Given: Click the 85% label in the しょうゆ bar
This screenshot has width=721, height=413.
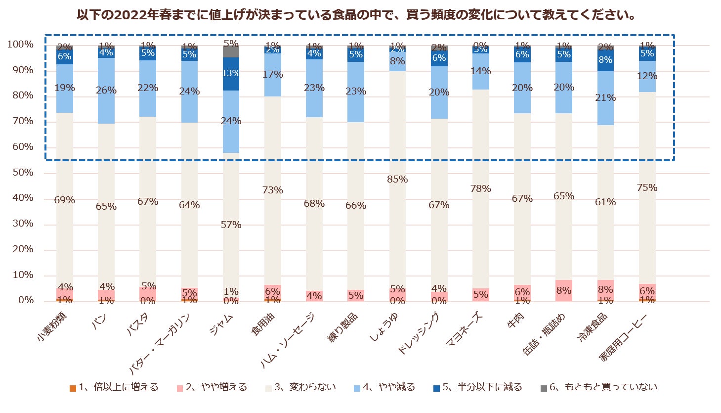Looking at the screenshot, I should (397, 180).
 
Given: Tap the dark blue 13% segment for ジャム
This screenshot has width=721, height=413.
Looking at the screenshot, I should (231, 74).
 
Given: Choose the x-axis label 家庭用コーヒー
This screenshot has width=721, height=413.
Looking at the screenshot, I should (623, 337).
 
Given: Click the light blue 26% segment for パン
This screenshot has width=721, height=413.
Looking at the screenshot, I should (106, 91).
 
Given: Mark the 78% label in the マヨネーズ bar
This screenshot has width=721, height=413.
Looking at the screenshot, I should (481, 189).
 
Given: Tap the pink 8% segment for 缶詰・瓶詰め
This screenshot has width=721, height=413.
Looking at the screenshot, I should (564, 291).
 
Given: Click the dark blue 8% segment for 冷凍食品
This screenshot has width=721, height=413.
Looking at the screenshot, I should (605, 60).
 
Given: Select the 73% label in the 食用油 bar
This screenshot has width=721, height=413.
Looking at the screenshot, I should (273, 190).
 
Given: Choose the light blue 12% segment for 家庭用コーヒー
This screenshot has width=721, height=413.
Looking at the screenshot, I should (647, 76).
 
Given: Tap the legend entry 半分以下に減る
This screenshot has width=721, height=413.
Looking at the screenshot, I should (482, 387).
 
